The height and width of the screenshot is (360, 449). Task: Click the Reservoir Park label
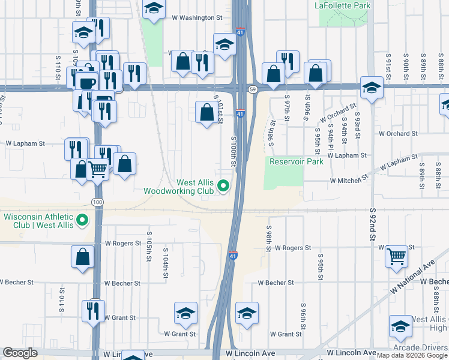pos(297,161)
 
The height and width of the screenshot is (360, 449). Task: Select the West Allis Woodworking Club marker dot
pos(224,186)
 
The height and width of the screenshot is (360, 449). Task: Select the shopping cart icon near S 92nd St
pos(396,256)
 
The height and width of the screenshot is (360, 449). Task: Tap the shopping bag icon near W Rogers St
pos(83,257)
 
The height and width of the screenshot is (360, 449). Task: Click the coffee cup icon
pos(88,82)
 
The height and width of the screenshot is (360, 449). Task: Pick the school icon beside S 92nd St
pos(372,88)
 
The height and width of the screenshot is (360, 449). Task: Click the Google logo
pos(20,353)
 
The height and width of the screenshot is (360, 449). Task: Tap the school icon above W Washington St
pos(154,8)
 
